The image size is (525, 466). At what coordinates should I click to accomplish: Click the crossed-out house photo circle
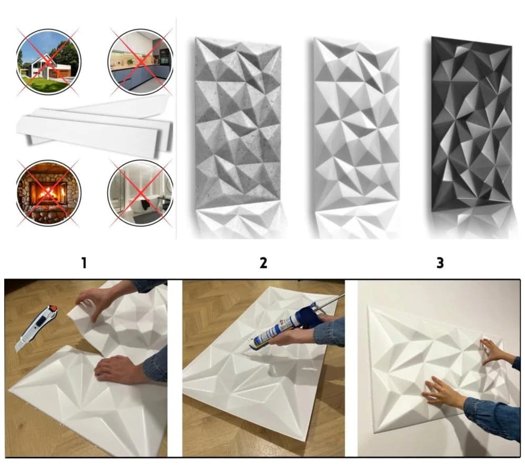point(48,62)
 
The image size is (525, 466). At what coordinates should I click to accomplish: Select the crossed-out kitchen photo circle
point(140,62)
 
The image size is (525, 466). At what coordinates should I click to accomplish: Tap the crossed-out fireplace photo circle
point(48,193)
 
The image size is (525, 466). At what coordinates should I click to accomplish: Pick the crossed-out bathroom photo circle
point(140,193)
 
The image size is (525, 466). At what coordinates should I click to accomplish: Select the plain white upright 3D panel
point(356,124)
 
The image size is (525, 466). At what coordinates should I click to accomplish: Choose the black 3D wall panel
point(471,124)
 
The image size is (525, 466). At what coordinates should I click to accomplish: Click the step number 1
point(84,263)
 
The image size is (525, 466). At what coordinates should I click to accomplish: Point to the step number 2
point(264,263)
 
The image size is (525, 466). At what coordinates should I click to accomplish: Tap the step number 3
point(440,263)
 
